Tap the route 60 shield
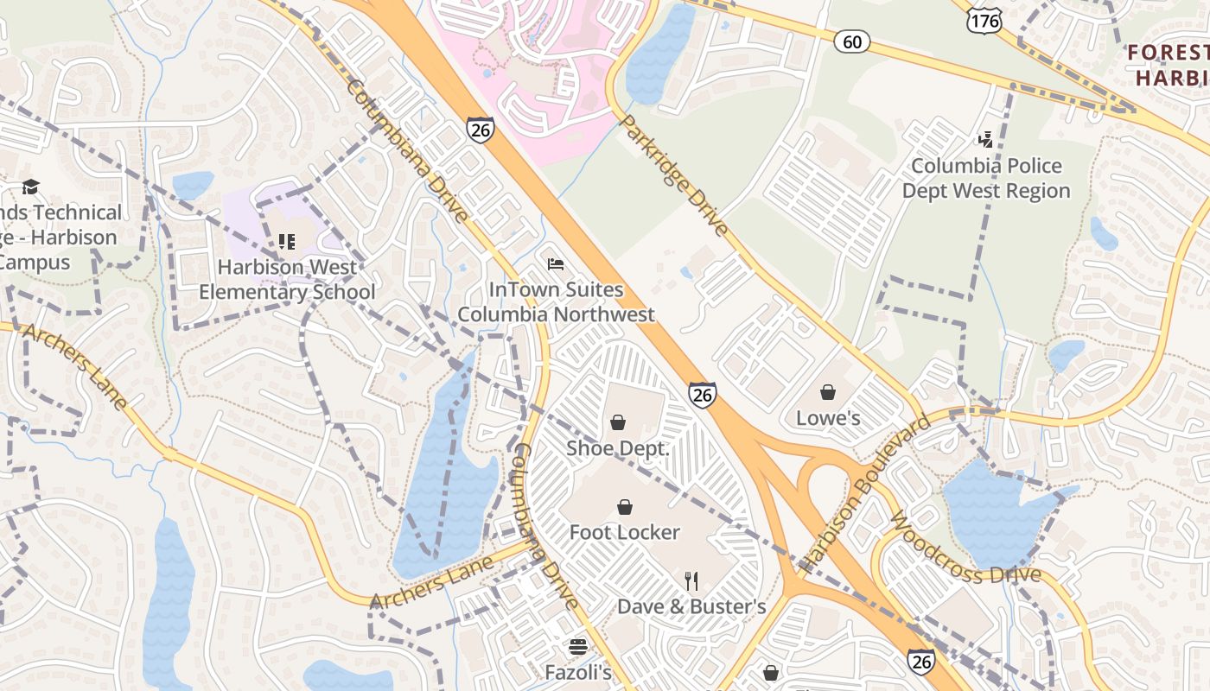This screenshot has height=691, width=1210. pos(852,41)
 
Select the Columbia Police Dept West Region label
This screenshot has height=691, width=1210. pos(986,178)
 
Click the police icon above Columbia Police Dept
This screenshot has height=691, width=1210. pos(985,139)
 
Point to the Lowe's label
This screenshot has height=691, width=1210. pos(828,418)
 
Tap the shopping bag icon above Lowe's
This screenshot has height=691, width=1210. pos(828,393)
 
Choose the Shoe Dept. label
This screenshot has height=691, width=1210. pos(618,448)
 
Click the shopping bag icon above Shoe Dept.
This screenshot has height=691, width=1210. pos(618,422)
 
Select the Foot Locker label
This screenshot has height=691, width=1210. pos(624,532)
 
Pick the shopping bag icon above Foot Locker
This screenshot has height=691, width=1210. pos(624,507)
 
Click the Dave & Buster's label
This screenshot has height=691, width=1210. pos(691,606)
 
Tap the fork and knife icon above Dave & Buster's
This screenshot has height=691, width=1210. pos(691,580)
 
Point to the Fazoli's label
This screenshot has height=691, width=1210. pos(578,672)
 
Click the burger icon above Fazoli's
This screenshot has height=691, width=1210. pos(578,646)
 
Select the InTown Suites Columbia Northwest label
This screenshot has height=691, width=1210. pos(556,301)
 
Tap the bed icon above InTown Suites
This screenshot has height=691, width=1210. pos(556,263)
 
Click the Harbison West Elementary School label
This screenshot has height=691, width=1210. pos(287,280)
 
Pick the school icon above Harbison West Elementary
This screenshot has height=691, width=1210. pos(287,242)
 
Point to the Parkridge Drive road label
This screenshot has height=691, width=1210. pos(675,175)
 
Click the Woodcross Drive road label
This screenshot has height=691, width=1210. pos(963,550)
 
